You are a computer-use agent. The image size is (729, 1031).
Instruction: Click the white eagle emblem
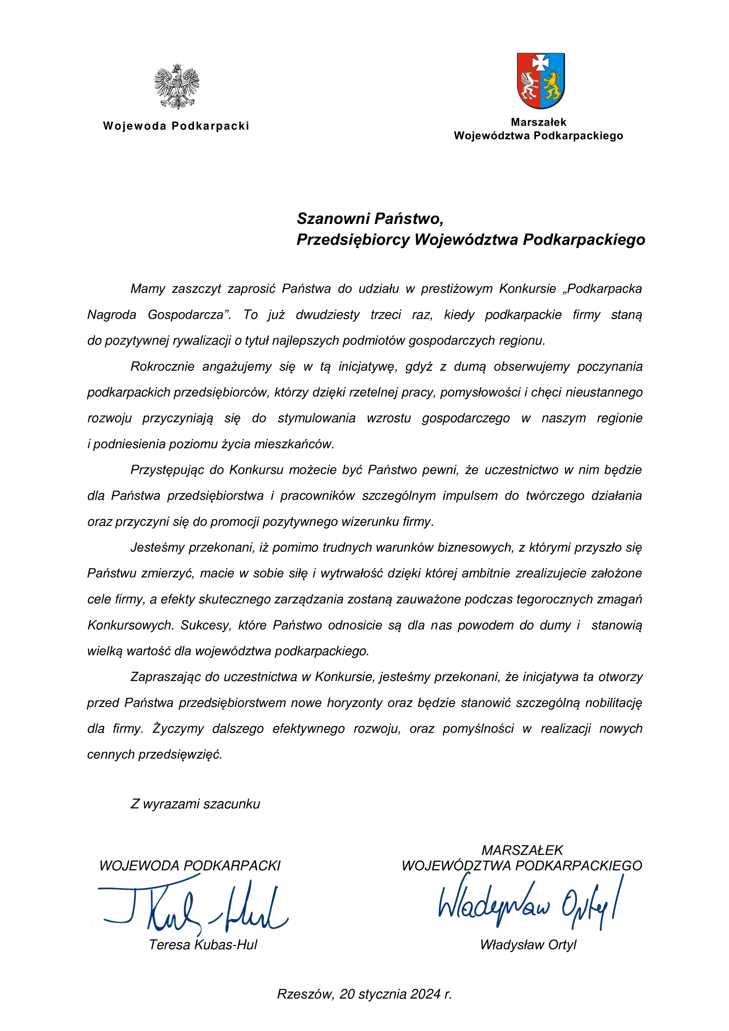[176, 86]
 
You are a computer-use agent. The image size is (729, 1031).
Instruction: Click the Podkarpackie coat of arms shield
[540, 81]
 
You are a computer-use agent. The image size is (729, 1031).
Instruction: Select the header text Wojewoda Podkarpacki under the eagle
[176, 126]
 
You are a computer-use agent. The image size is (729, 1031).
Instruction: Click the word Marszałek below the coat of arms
[538, 122]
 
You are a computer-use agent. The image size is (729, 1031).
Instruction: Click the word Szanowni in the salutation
[332, 219]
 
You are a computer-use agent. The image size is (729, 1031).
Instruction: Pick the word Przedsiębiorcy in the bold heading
[353, 240]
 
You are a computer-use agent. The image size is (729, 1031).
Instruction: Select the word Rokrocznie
[162, 367]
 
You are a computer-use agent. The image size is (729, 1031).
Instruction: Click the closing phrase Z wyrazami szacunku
[195, 804]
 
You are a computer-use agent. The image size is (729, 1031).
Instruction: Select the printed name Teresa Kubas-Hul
[203, 945]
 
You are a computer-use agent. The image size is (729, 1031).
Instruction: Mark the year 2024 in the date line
[425, 994]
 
